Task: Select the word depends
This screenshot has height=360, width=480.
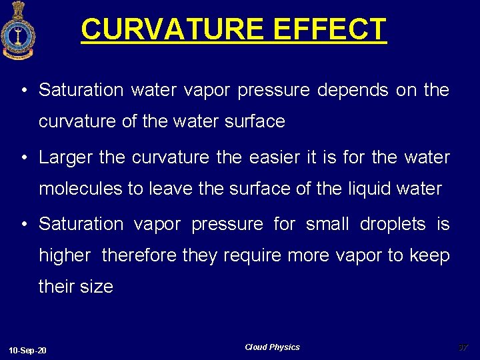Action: (x=353, y=90)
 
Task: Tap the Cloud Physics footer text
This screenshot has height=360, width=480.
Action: (x=272, y=347)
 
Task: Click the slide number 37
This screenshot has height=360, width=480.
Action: (x=463, y=347)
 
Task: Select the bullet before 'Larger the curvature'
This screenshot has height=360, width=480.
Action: (x=23, y=158)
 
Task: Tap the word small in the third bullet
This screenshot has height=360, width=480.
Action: (x=327, y=224)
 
